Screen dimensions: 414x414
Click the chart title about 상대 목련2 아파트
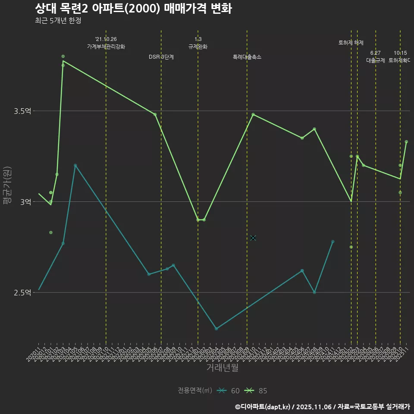pos(133,9)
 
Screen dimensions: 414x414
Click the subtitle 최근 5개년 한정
pos(58,20)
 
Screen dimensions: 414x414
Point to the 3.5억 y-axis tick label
pos(23,111)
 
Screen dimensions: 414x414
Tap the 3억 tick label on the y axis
pos(25,202)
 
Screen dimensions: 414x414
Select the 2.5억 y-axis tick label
pos(23,293)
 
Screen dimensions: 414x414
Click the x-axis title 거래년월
pos(222,368)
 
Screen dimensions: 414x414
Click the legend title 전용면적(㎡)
pos(194,391)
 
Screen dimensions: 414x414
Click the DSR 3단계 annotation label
pos(161,57)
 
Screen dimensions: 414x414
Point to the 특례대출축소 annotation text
pos(247,57)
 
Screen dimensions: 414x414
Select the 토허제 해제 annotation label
pos(351,43)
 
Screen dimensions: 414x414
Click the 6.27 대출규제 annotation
pos(376,57)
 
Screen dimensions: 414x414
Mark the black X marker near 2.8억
pos(253,238)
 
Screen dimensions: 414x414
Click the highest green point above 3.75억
pos(63,56)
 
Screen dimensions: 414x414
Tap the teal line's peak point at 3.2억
pos(75,165)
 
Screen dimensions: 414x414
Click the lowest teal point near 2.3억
pos(216,329)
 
